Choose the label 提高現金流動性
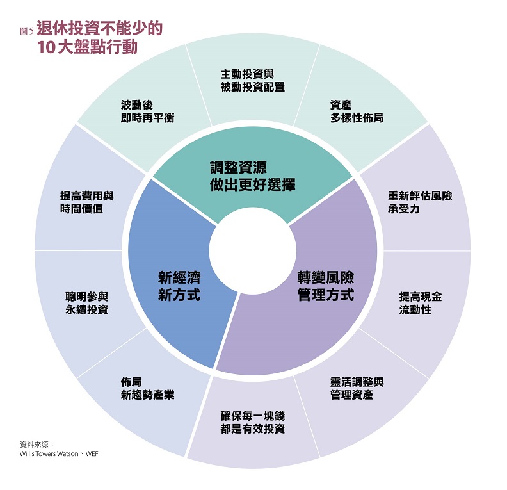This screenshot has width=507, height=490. click(420, 303)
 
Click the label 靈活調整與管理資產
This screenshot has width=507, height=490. click(357, 388)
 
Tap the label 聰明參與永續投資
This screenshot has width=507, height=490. click(86, 303)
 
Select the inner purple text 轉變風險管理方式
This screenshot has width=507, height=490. click(326, 286)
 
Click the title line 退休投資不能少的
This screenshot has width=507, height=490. click(100, 29)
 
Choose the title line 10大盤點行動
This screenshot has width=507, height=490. click(87, 47)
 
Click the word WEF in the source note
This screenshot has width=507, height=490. click(90, 453)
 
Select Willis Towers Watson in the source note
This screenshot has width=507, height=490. click(46, 453)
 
